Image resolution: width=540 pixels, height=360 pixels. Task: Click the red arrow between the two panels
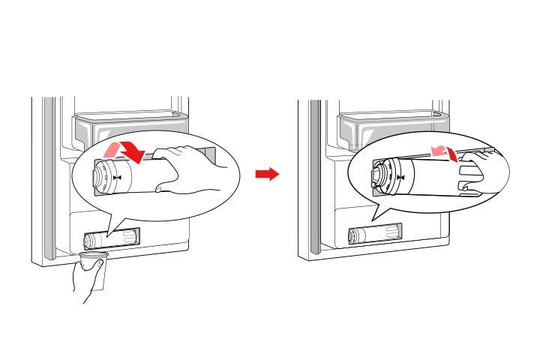coord(267,174)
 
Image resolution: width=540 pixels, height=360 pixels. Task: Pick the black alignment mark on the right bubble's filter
coord(400,178)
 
